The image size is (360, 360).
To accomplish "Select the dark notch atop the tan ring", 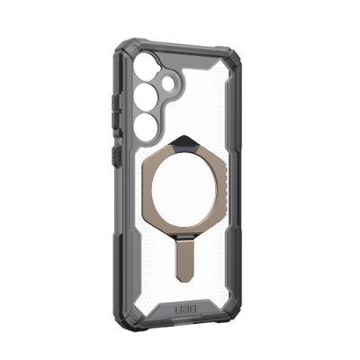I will point(186,137).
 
